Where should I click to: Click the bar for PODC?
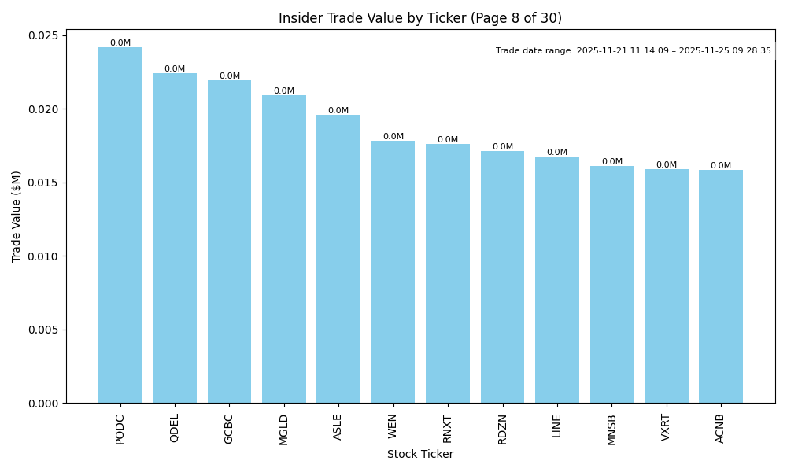pos(120,225)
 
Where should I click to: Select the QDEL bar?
pos(175,238)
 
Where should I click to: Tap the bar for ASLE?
pos(338,259)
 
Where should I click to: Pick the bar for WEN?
pos(393,271)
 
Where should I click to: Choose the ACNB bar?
pos(720,286)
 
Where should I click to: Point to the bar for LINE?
pos(556,279)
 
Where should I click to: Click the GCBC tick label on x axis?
pos(229,429)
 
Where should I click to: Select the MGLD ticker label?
pos(284,430)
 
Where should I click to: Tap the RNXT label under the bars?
pos(448,429)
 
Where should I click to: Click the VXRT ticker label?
pos(666,428)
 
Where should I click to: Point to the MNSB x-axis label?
pos(611,430)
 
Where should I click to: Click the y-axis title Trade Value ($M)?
pos(17,216)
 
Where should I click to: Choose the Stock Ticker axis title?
pos(420,455)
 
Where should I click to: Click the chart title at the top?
pos(420,18)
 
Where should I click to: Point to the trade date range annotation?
pos(634,50)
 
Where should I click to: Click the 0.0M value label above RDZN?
pos(502,147)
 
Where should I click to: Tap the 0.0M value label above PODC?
pos(120,43)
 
